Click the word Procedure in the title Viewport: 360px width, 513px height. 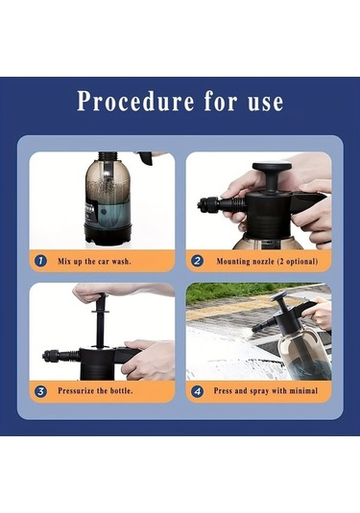coord(135,101)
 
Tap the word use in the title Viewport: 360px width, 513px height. coord(265,102)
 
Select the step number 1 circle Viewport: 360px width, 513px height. coord(40,261)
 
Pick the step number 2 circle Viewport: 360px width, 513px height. coord(197,261)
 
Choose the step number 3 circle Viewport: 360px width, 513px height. coord(40,391)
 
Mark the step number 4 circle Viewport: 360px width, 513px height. coord(197,391)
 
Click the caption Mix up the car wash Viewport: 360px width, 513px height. coord(94,262)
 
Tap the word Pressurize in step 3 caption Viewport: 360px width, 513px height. coord(75,390)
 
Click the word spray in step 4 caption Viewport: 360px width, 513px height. coord(259,391)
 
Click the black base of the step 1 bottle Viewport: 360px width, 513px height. coord(108,235)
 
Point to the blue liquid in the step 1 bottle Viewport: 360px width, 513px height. coord(108,214)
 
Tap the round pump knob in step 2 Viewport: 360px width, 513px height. coord(272,166)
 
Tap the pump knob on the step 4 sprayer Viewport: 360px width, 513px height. coord(278,295)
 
